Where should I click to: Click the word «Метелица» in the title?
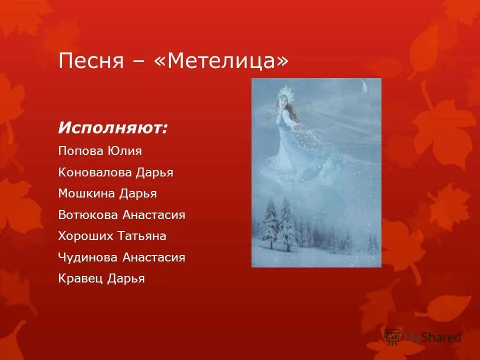(228, 61)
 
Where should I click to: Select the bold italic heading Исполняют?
(113, 128)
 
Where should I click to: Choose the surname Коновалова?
(95, 172)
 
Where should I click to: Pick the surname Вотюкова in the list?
(88, 215)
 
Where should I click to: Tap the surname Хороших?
(86, 236)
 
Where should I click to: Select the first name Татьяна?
(142, 236)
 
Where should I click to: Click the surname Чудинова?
(88, 257)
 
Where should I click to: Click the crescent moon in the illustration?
(365, 87)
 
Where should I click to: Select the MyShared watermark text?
(432, 337)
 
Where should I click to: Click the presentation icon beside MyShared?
(393, 336)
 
